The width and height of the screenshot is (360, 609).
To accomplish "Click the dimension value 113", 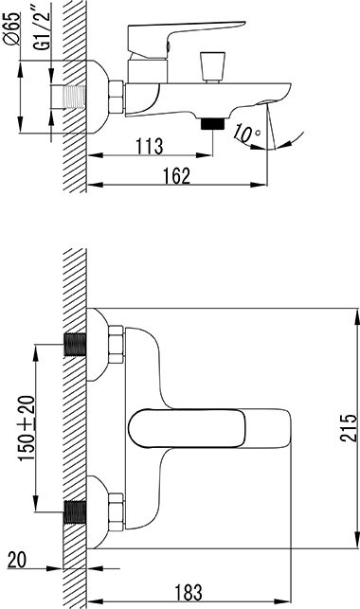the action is pyautogui.click(x=149, y=146).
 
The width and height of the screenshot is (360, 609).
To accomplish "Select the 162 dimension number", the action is pyautogui.click(x=176, y=175).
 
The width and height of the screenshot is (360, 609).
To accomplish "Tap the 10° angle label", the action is pyautogui.click(x=247, y=133).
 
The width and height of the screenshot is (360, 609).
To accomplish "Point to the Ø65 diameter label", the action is pyautogui.click(x=12, y=29).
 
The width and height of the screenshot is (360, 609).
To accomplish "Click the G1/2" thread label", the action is pyautogui.click(x=42, y=30).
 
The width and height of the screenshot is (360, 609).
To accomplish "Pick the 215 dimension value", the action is pyautogui.click(x=349, y=427).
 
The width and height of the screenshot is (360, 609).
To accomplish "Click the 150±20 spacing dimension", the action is pyautogui.click(x=27, y=428).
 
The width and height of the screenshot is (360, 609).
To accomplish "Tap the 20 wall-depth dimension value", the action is pyautogui.click(x=17, y=560).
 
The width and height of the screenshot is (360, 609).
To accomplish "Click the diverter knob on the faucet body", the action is pyautogui.click(x=212, y=67).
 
